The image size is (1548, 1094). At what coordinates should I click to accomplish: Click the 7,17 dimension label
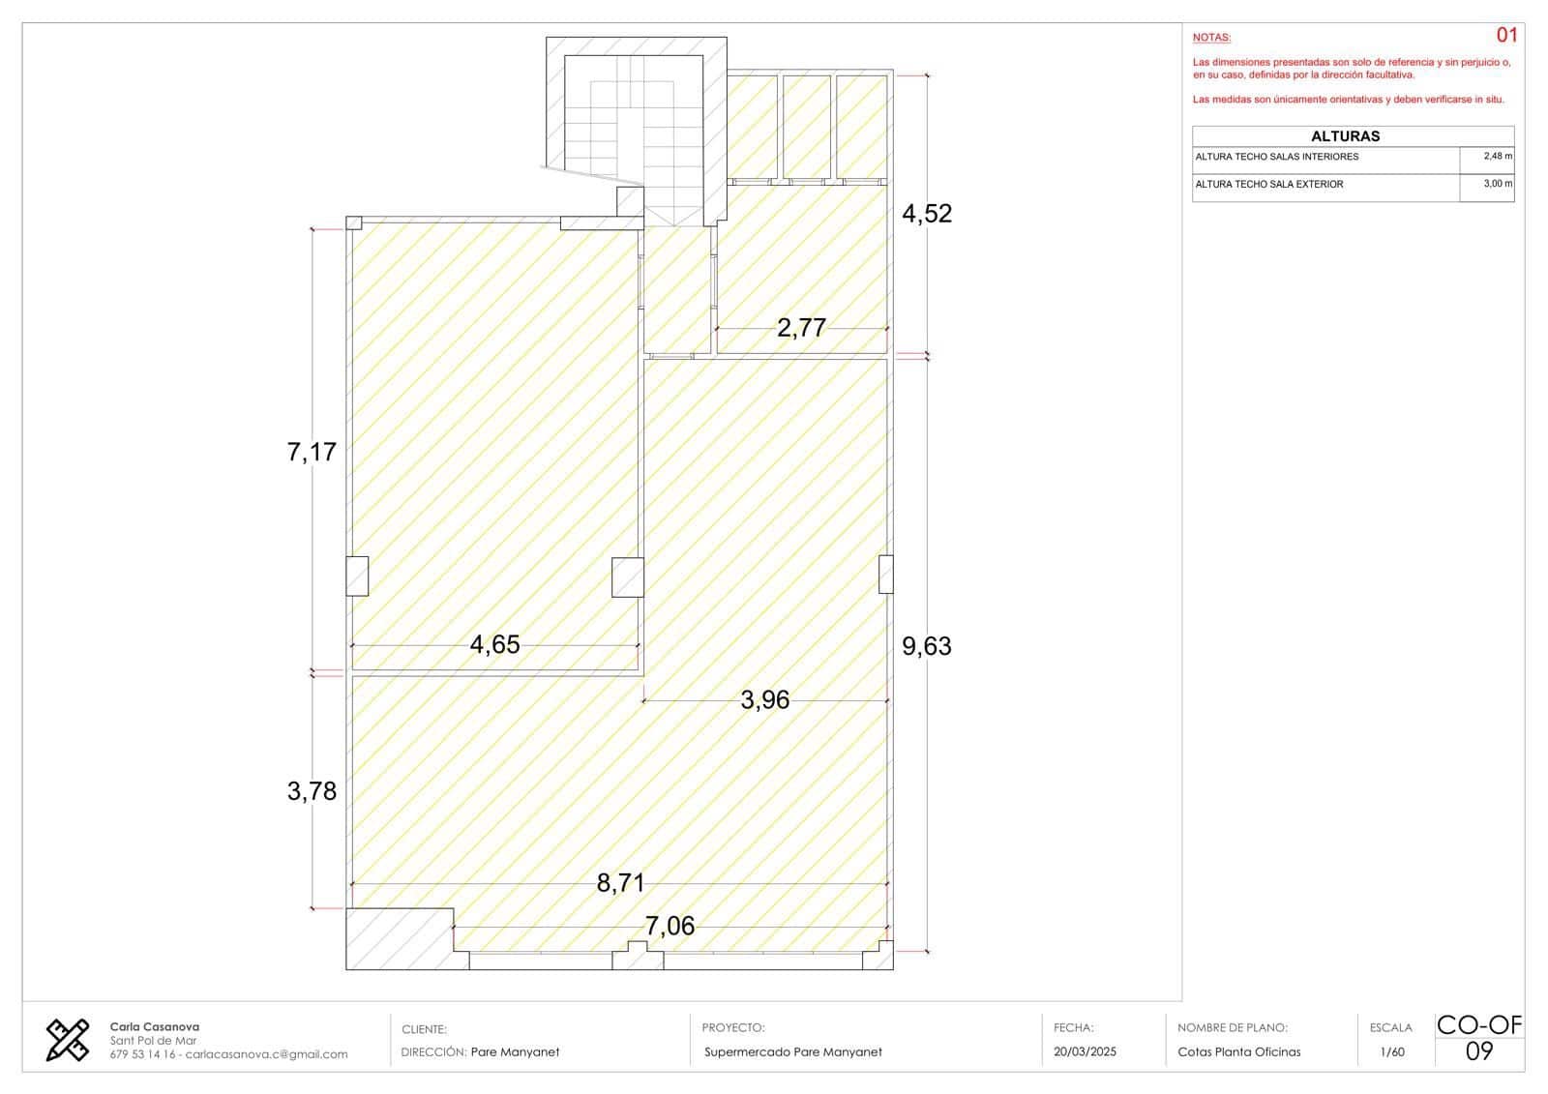[312, 452]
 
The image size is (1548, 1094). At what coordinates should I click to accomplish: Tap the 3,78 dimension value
[312, 791]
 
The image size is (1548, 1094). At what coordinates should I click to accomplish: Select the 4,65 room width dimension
[494, 645]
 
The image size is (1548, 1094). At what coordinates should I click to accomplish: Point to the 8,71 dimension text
[620, 883]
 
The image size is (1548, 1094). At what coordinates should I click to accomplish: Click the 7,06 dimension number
[670, 926]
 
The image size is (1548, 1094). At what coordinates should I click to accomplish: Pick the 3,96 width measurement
[765, 700]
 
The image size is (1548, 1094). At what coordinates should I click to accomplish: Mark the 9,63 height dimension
[927, 646]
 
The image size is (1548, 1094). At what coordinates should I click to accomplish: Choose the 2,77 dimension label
[802, 328]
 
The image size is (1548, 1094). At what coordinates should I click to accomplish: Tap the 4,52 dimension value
[927, 214]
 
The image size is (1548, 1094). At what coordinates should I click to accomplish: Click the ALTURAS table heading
[1346, 136]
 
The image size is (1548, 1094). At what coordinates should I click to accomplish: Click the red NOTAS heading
[1211, 38]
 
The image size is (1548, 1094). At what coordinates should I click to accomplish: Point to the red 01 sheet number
[1506, 35]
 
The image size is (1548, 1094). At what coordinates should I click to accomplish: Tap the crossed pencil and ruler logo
[68, 1040]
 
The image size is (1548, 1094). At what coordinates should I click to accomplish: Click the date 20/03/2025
[1085, 1051]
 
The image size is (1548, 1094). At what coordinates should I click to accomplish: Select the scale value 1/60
[1392, 1052]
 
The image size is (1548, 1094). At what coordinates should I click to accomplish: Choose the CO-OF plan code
[1479, 1025]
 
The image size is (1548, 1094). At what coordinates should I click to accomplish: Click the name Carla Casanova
[154, 1027]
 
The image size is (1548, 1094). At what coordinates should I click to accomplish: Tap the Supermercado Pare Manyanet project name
[792, 1051]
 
